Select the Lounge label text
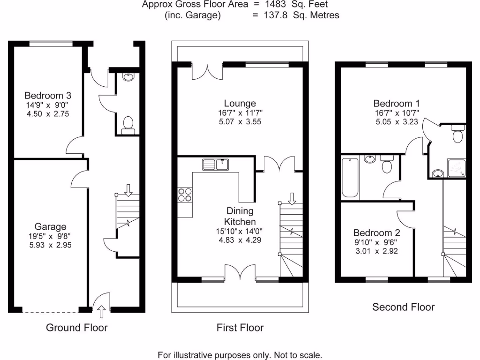click(240, 104)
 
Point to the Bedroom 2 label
click(376, 233)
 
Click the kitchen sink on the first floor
click(215, 165)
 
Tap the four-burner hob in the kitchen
click(184, 194)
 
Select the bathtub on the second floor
click(350, 178)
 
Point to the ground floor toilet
click(127, 126)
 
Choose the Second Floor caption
click(403, 307)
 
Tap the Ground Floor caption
click(76, 328)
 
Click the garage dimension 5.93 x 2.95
click(49, 245)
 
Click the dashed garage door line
click(50, 312)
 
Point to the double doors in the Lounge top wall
click(207, 70)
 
